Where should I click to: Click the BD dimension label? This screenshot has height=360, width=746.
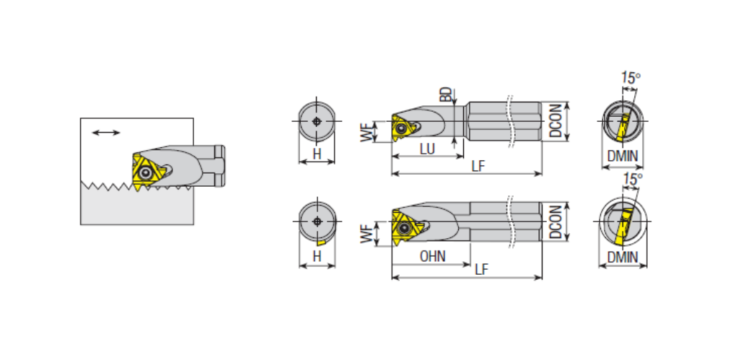tap(445, 95)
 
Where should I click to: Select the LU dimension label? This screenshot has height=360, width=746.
tap(427, 149)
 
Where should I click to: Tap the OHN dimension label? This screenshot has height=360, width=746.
tap(432, 257)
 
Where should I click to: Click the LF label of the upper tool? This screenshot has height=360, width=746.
tap(478, 167)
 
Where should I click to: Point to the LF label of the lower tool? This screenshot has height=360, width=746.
tap(481, 270)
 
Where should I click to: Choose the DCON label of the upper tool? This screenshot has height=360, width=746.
tap(556, 121)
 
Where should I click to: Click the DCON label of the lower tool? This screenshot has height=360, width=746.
tap(556, 221)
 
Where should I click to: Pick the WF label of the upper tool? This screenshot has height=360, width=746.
tap(366, 132)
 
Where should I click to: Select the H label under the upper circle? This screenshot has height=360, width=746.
tap(317, 154)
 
